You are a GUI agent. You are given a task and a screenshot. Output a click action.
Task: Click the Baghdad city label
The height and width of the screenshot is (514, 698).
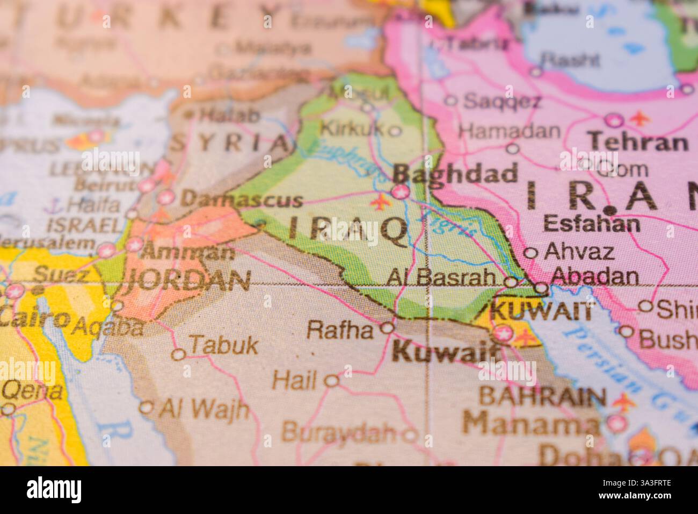455,174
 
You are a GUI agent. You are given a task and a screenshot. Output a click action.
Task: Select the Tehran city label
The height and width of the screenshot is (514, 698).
638,142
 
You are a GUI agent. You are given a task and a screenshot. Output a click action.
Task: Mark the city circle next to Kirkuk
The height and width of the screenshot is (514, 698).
395,130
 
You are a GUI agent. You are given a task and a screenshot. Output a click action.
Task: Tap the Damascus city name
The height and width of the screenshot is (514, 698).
242,200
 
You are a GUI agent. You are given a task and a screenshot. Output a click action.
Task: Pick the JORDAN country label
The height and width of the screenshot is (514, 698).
188,280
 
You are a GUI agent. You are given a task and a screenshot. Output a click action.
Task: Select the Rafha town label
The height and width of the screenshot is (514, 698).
339,330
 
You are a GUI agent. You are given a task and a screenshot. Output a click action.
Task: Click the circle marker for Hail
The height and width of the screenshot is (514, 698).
332,381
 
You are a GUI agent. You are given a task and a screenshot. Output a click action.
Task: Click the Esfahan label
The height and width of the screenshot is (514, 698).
592,223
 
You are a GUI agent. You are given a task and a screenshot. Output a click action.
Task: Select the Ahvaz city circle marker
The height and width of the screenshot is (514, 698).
530,253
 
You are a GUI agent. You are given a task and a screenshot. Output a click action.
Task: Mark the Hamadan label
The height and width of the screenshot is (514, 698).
510,131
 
